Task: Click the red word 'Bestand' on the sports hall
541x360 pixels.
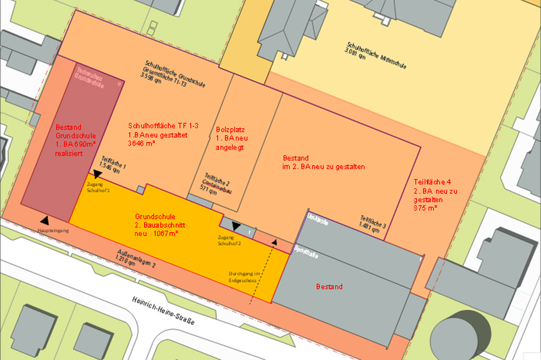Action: [329, 286]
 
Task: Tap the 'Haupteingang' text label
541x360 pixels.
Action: [53, 230]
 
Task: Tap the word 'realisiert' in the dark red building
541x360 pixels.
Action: [69, 154]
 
